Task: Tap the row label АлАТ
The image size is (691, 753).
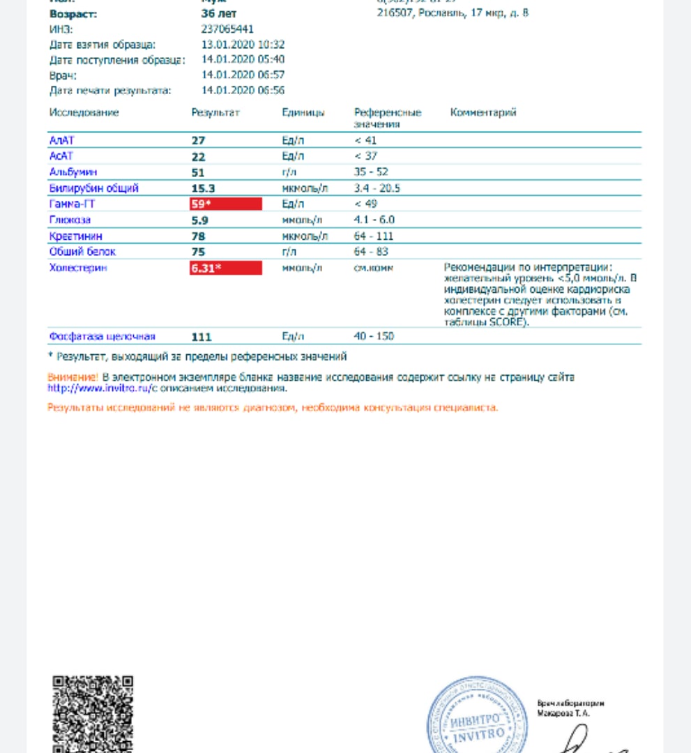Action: coord(62,140)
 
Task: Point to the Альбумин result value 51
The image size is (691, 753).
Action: coord(198,172)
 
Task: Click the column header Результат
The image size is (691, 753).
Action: coord(215,113)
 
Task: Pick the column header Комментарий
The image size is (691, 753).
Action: coord(483,113)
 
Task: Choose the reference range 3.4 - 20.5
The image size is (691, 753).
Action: coord(377,188)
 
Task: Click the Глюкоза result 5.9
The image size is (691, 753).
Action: coord(199,220)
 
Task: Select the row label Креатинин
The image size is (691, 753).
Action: coord(75,236)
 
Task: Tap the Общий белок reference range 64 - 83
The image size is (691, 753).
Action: coord(371,252)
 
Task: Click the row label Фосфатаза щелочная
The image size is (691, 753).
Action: coord(102,337)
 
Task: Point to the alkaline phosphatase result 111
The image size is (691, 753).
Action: coord(201,337)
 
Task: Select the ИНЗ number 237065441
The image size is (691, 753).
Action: coord(227,29)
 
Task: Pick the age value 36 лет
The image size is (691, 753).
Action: coord(218,14)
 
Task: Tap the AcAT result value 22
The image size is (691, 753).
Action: coord(198,157)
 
